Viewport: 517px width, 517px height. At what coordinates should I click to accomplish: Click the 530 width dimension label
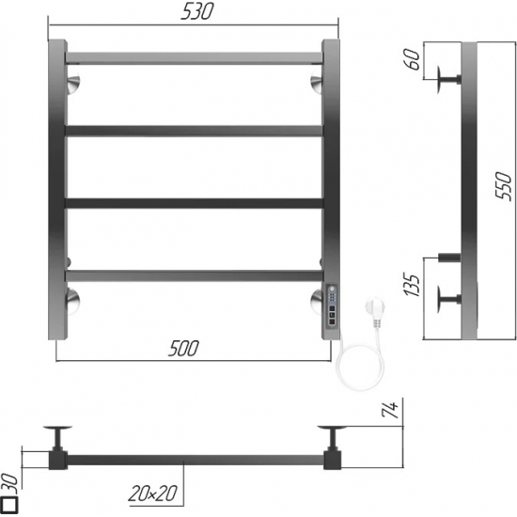(x=197, y=11)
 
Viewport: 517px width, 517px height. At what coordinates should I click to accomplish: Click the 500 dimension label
(x=183, y=348)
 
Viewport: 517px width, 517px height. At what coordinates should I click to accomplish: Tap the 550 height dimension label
(x=504, y=185)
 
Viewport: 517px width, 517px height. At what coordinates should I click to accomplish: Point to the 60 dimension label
(x=413, y=59)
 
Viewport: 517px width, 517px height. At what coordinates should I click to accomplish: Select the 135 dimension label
(x=412, y=285)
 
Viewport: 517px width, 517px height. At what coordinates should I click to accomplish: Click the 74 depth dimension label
(x=391, y=410)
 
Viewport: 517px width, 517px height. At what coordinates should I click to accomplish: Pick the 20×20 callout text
(x=152, y=493)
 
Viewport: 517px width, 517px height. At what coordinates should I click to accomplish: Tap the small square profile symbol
(x=11, y=504)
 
